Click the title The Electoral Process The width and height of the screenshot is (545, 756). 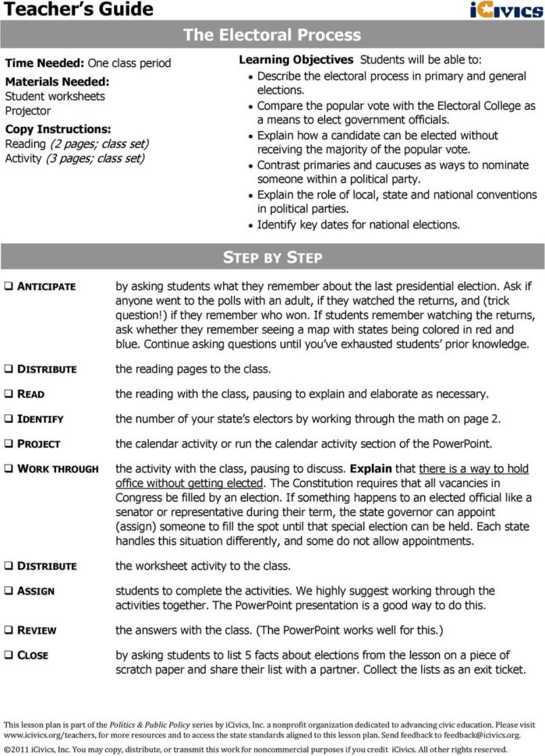point(272,35)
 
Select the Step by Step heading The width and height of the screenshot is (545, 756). point(272,257)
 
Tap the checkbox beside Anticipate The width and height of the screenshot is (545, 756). point(8,286)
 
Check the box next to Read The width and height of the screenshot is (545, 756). point(8,394)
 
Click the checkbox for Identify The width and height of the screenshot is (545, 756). point(8,419)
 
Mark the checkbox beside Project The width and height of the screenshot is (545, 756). point(8,443)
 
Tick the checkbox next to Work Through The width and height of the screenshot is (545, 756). point(8,468)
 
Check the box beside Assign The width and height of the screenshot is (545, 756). point(8,591)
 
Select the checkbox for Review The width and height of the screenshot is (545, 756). point(8,630)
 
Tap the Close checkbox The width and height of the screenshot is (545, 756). point(8,655)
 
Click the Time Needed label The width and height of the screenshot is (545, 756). point(44,63)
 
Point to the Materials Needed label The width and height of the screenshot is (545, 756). point(57,81)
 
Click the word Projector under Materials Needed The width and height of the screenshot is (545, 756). point(28,111)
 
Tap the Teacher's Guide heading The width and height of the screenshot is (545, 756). point(77,9)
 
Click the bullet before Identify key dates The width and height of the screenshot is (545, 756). point(249,225)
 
